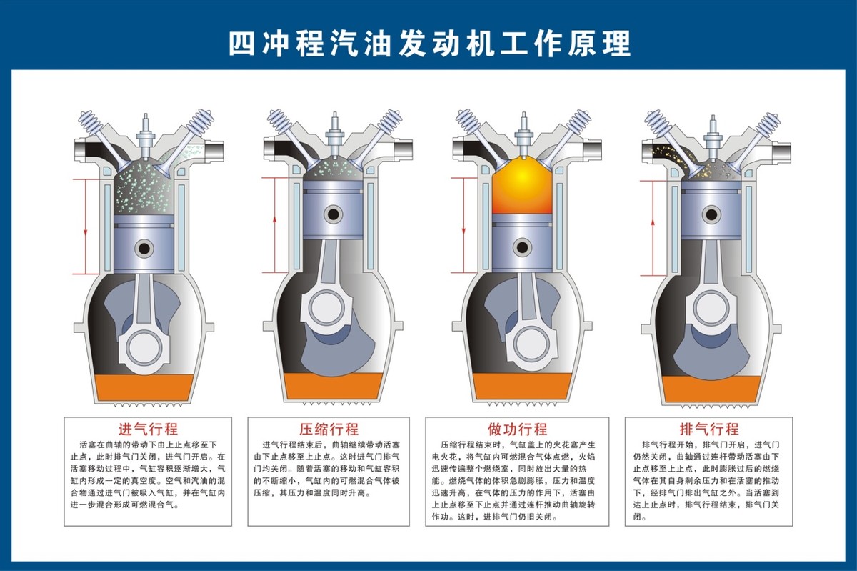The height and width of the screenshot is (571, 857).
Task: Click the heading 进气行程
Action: coord(148,430)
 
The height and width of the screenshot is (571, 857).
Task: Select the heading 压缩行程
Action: coord(329,430)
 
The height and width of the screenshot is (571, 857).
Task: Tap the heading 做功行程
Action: coord(518,430)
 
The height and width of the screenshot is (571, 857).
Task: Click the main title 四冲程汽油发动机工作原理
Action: coord(429,43)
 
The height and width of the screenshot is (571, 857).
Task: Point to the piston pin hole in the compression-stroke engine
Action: coord(333,214)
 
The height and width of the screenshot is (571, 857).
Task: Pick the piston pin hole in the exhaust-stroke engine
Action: coord(711,213)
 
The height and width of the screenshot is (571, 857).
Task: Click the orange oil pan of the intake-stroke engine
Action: coord(146,387)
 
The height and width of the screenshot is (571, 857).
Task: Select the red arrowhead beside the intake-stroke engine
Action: coord(84,232)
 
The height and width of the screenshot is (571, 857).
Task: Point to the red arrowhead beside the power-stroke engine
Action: coord(464,232)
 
